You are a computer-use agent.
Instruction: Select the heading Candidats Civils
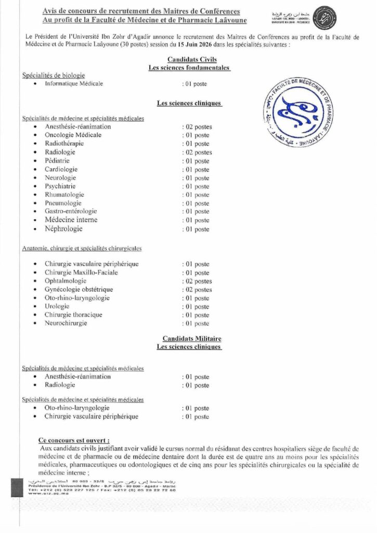point(188,60)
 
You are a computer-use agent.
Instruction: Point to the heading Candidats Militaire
point(188,338)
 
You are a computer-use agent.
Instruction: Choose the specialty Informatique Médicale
point(74,83)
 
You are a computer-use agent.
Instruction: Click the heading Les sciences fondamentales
point(189,68)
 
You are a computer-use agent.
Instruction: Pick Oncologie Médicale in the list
point(73,135)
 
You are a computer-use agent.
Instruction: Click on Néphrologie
point(63,229)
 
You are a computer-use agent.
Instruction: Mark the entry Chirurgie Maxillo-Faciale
point(81,272)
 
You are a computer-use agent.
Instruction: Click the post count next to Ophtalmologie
point(197,281)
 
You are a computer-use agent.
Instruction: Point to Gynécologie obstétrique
point(79,289)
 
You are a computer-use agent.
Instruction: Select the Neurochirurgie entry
point(66,323)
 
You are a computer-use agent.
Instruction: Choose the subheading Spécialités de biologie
point(54,75)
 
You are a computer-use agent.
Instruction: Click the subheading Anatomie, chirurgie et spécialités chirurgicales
point(82,249)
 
